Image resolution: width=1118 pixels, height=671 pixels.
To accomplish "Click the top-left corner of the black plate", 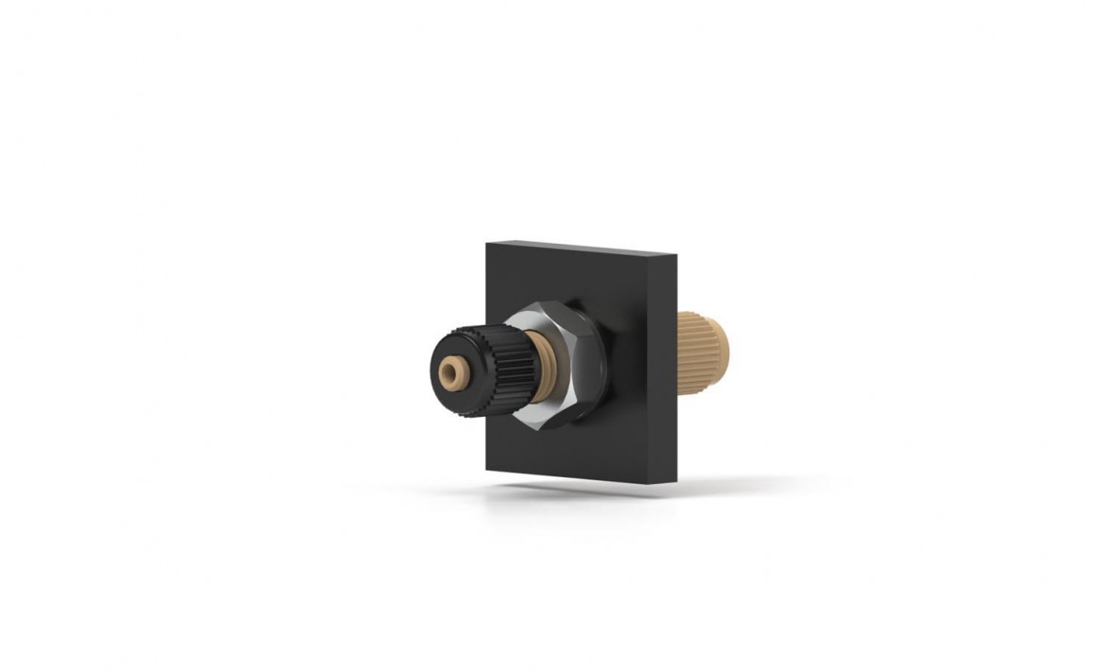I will pyautogui.click(x=488, y=245).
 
